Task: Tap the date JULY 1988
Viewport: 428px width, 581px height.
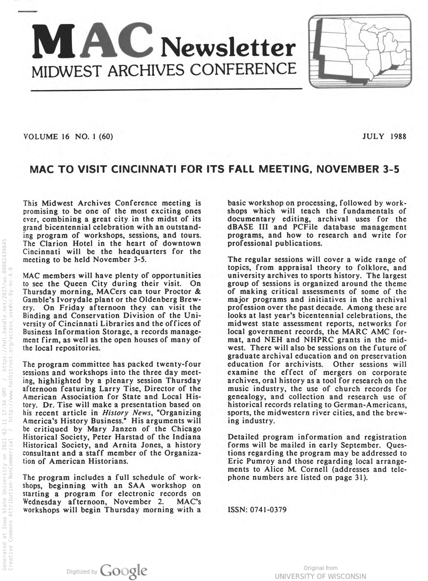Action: [x=384, y=136]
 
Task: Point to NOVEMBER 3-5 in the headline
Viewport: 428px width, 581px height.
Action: [x=358, y=169]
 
